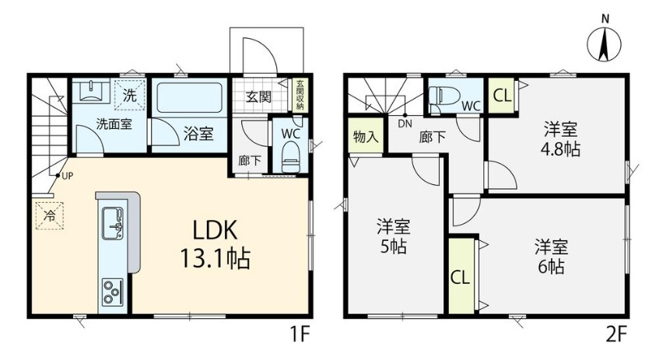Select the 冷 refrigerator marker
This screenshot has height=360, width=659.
click(50, 216)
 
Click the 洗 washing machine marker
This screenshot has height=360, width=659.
click(130, 95)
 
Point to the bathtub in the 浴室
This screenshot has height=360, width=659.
click(190, 98)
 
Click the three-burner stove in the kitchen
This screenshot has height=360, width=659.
click(112, 292)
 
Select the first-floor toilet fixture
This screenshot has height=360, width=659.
click(290, 157)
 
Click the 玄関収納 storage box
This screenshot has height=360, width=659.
click(300, 95)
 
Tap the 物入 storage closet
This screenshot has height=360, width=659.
click(366, 136)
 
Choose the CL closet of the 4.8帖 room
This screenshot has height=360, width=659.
click(501, 96)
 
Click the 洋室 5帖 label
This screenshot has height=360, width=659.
click(394, 236)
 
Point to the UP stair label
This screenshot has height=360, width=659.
click(68, 177)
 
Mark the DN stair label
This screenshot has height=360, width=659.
click(405, 124)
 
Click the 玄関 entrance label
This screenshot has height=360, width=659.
click(258, 97)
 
